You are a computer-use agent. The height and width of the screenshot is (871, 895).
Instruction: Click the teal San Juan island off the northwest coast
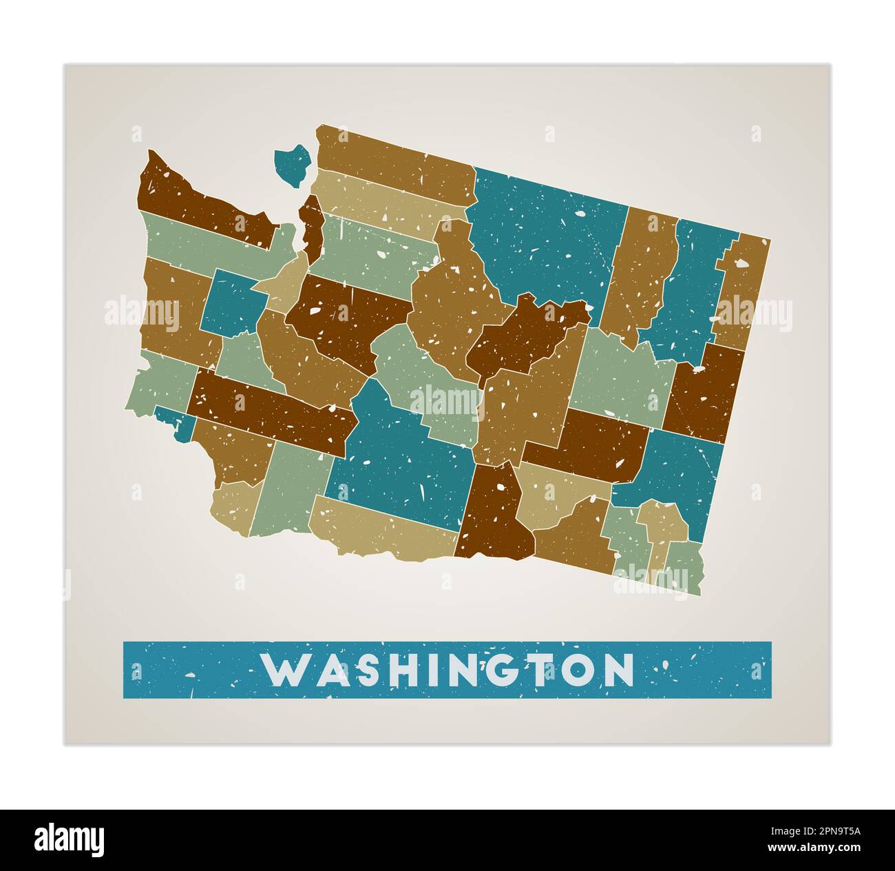coord(293,164)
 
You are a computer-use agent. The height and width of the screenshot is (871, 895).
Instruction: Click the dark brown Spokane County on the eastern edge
coord(706,393)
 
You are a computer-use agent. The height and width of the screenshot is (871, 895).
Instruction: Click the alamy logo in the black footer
coord(70,840)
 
